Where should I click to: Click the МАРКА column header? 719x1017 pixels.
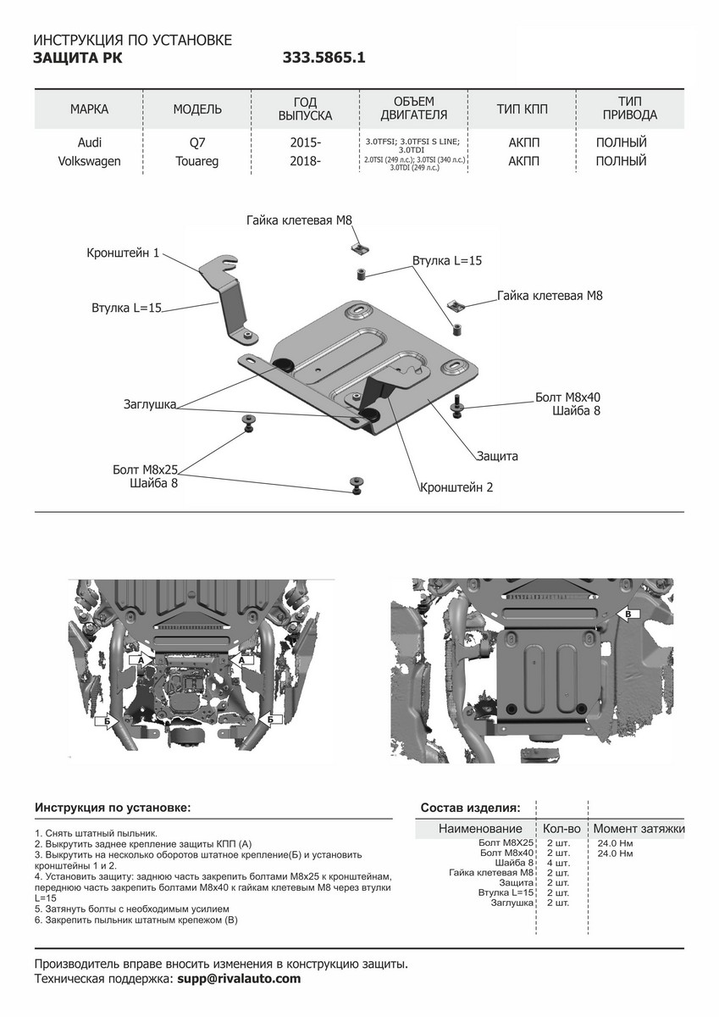click(x=89, y=109)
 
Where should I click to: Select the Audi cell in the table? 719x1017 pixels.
click(x=89, y=142)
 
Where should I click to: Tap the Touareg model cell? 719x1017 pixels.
click(x=197, y=161)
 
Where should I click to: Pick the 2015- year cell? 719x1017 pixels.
click(x=306, y=142)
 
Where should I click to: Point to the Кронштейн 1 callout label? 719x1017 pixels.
click(x=123, y=253)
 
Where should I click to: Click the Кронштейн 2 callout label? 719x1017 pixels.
click(x=456, y=487)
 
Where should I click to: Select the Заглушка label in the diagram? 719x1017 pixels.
click(x=149, y=405)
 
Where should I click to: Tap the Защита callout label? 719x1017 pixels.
click(x=496, y=456)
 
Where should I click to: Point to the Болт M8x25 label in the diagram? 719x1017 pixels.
click(x=145, y=469)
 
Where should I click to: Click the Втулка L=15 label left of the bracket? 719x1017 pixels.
click(x=126, y=308)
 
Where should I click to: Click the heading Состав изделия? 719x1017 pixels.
click(x=470, y=808)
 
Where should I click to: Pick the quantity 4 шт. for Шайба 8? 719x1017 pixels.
click(x=557, y=863)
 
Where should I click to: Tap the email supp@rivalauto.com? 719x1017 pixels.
click(x=238, y=978)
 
